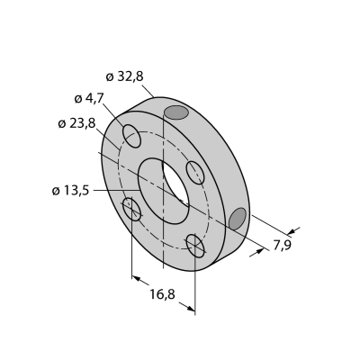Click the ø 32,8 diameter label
125,77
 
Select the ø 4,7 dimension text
89,98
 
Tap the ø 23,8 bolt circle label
76,123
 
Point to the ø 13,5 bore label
70,191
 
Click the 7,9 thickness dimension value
283,246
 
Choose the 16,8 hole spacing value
162,294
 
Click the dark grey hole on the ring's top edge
176,112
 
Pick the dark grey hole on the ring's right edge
238,219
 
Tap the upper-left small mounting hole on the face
131,136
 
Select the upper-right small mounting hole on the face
195,173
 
